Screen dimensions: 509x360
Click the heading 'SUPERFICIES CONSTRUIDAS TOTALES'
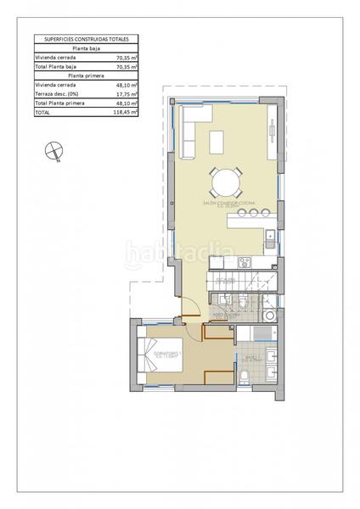click(86, 39)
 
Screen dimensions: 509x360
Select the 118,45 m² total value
click(127, 111)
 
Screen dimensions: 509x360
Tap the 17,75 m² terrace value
click(127, 94)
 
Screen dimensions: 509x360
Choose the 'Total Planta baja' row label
click(56, 65)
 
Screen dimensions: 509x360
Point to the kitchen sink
click(268, 235)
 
